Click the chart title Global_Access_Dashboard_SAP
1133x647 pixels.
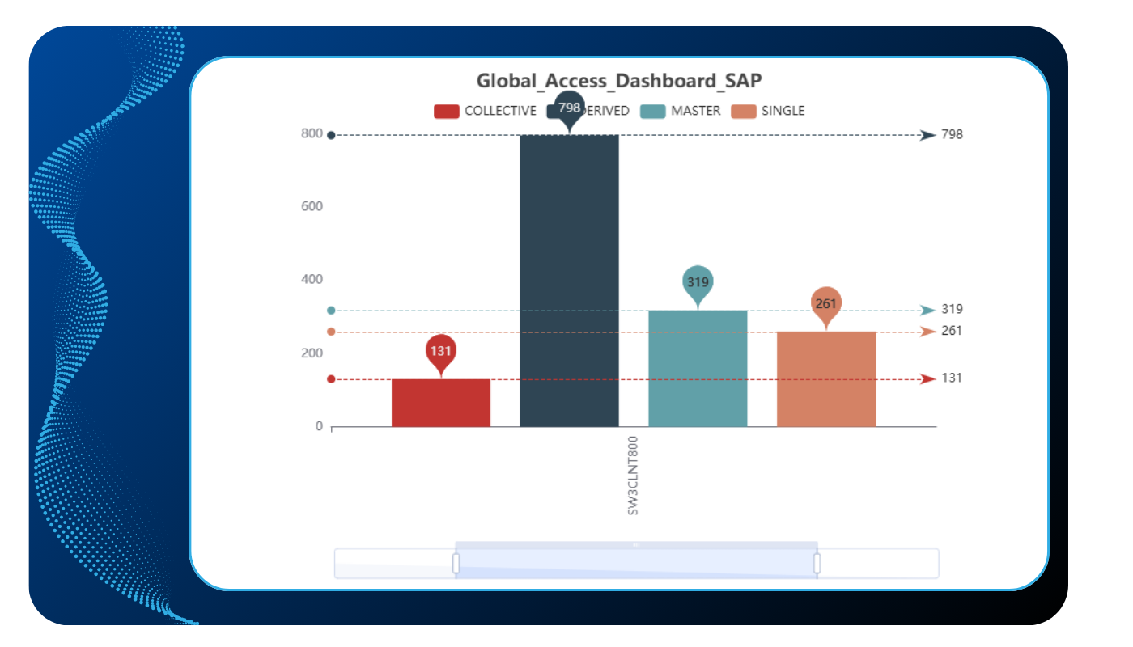click(618, 81)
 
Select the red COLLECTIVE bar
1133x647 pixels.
click(441, 403)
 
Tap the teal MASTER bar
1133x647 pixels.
click(698, 368)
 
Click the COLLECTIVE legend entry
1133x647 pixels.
click(485, 111)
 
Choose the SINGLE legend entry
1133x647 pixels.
click(768, 111)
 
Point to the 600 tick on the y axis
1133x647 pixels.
click(312, 206)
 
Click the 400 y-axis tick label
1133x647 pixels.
click(312, 280)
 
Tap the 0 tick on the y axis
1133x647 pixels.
click(319, 426)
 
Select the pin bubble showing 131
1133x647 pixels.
click(441, 351)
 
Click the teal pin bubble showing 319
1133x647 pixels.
click(698, 282)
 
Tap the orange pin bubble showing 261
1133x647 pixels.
click(826, 303)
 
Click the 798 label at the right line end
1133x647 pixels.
click(952, 134)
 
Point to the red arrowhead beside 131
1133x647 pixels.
click(927, 378)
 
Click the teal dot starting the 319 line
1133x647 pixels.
click(331, 311)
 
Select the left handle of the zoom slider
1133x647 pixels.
click(456, 563)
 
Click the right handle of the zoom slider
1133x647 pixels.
click(817, 563)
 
